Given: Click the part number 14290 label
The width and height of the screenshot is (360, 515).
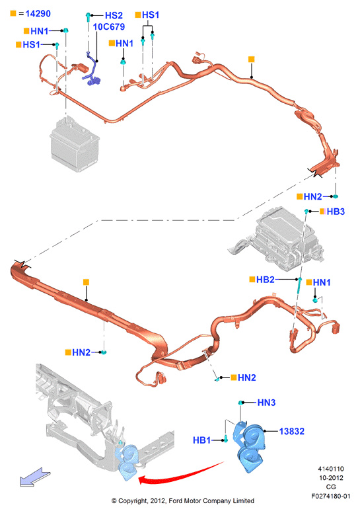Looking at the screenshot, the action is tap(38, 13).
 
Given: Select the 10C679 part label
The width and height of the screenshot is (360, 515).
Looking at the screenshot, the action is tap(109, 26).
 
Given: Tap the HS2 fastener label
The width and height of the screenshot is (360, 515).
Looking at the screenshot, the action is tap(114, 15).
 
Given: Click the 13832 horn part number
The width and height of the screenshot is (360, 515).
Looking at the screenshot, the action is tap(292, 431).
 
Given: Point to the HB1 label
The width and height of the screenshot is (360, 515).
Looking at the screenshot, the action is tap(202, 440).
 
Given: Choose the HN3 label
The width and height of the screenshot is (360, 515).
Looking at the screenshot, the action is tap(266, 403).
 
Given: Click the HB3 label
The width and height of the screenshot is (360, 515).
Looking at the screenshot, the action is tap(336, 212).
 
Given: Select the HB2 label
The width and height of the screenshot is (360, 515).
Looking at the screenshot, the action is tap(265, 279).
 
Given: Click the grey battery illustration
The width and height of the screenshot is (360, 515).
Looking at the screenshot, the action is tap(75, 145).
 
